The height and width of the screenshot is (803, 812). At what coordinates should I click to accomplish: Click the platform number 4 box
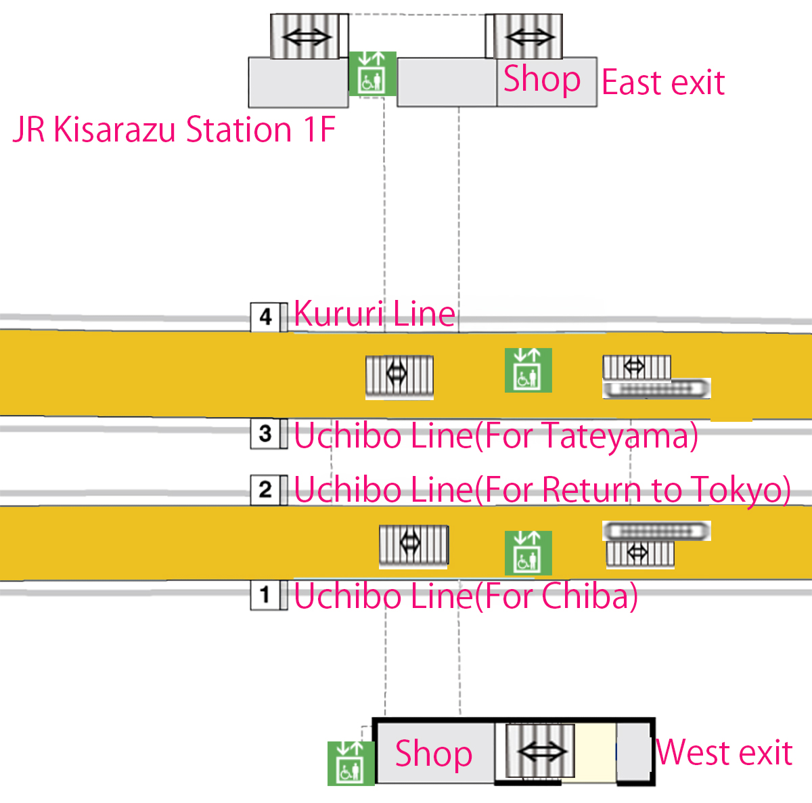[x=265, y=317]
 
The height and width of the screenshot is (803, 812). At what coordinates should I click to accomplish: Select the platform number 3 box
[x=265, y=434]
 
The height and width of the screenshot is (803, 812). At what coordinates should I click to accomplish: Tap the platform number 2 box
[x=265, y=490]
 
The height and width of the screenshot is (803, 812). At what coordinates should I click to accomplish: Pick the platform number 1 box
[x=265, y=596]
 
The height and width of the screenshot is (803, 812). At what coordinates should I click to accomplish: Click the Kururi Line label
[x=374, y=314]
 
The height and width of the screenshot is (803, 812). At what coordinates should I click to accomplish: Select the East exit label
[x=663, y=83]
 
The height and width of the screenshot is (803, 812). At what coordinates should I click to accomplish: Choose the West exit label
[x=724, y=753]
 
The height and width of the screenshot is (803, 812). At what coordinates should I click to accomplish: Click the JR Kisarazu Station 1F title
[x=174, y=130]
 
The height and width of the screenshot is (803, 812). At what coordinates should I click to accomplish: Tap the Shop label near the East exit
[x=542, y=80]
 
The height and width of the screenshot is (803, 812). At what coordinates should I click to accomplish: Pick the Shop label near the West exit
[x=434, y=754]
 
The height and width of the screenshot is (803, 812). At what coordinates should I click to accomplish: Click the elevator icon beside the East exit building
[x=372, y=73]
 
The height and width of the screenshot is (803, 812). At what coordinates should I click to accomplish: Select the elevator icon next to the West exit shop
[x=351, y=763]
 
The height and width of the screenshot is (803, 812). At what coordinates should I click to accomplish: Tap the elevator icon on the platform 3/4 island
[x=528, y=370]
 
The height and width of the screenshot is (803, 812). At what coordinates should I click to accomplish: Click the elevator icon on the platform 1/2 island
[x=528, y=552]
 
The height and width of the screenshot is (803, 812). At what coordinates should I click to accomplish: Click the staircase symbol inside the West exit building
[x=540, y=752]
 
